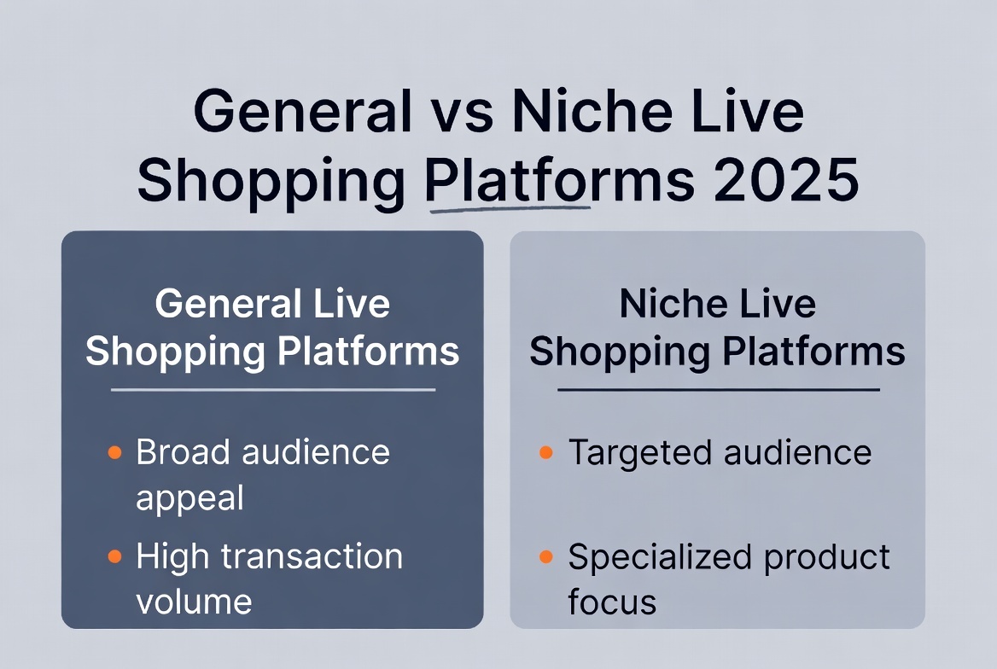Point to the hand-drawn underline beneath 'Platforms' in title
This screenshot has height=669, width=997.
point(510,206)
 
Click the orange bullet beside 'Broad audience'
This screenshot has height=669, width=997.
point(114,452)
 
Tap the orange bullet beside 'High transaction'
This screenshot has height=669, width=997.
point(114,557)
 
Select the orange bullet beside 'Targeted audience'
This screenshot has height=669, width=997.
point(546,452)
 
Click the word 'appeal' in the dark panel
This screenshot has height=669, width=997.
point(189,498)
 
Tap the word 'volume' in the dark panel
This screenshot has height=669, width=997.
point(194,602)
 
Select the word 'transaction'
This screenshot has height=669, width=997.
point(312,557)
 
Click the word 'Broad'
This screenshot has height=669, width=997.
point(183,452)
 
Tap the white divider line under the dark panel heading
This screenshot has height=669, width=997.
point(273,390)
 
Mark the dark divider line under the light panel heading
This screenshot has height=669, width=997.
point(718,390)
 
